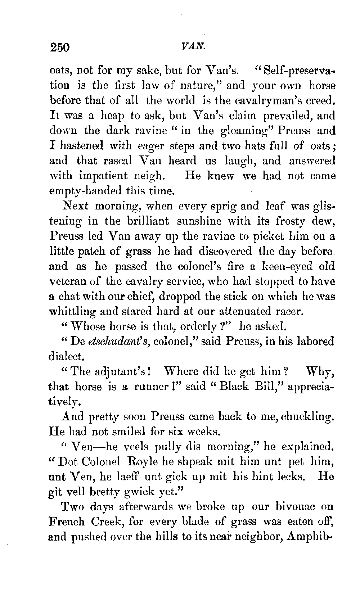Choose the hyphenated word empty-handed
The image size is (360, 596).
coord(86,191)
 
